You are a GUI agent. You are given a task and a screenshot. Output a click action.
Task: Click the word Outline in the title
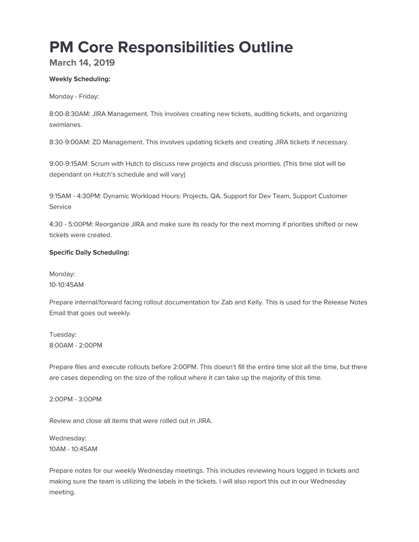click(266, 47)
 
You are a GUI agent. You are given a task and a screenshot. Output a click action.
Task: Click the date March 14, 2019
click(82, 63)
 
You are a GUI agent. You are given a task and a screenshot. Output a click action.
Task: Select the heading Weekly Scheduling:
click(80, 79)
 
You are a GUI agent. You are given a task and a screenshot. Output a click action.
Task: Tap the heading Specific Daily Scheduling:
click(89, 252)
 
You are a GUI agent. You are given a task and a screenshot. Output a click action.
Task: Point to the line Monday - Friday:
click(74, 97)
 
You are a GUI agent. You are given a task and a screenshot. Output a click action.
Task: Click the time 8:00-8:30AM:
click(70, 114)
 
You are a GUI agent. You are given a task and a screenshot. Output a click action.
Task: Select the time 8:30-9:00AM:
click(70, 142)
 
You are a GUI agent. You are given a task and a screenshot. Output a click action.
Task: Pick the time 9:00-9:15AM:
click(69, 164)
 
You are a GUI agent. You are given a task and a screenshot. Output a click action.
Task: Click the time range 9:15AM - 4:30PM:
click(75, 196)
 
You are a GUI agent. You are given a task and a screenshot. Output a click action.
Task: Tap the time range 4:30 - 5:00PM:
click(71, 224)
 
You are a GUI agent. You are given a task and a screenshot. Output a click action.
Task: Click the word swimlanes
click(65, 125)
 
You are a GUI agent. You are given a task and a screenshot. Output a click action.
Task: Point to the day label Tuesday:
click(63, 335)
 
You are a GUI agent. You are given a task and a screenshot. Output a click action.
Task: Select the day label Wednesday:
click(68, 438)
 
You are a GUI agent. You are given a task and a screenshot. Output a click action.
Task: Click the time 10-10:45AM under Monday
click(66, 285)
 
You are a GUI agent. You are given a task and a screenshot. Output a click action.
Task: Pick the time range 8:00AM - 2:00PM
click(76, 345)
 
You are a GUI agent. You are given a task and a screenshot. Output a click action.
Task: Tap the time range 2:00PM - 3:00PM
click(75, 399)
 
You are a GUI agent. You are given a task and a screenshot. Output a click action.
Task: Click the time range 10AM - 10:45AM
click(73, 449)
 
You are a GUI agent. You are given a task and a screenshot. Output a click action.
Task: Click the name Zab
click(227, 302)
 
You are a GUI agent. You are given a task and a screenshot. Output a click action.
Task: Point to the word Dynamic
click(116, 196)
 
